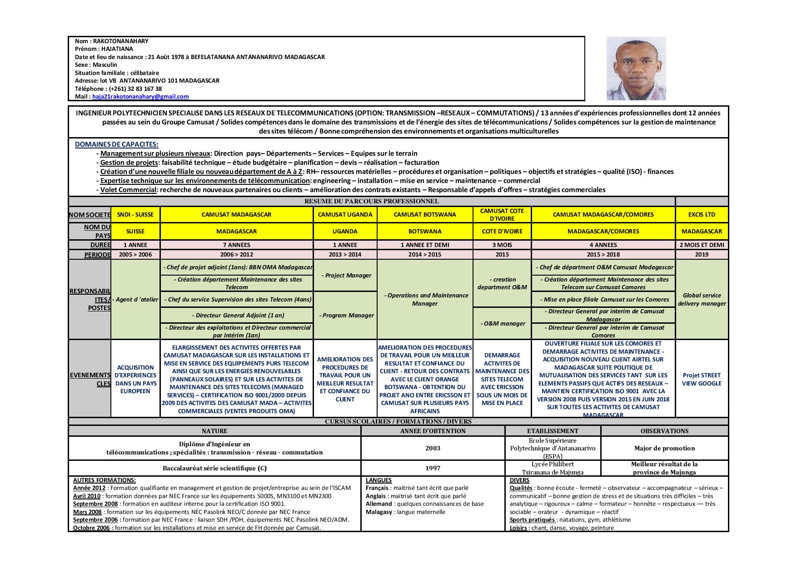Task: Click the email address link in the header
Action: (140, 97)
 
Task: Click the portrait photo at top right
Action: (636, 69)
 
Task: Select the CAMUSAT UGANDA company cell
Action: (345, 215)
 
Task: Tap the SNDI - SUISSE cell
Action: (135, 215)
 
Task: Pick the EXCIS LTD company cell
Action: (702, 215)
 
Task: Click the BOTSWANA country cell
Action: (424, 232)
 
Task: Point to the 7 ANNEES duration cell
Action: (236, 245)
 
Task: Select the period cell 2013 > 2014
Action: (345, 255)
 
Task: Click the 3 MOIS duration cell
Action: (502, 245)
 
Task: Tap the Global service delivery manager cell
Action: (702, 300)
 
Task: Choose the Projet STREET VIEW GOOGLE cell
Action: (702, 379)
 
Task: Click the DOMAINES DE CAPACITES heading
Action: (116, 144)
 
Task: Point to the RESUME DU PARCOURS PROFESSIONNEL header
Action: (371, 202)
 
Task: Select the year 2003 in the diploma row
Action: (433, 449)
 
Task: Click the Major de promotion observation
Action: (664, 449)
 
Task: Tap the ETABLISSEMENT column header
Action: (553, 431)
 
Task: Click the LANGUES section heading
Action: (379, 480)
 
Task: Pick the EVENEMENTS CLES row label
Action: (90, 379)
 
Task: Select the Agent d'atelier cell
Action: (135, 300)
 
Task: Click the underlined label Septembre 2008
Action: (95, 504)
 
